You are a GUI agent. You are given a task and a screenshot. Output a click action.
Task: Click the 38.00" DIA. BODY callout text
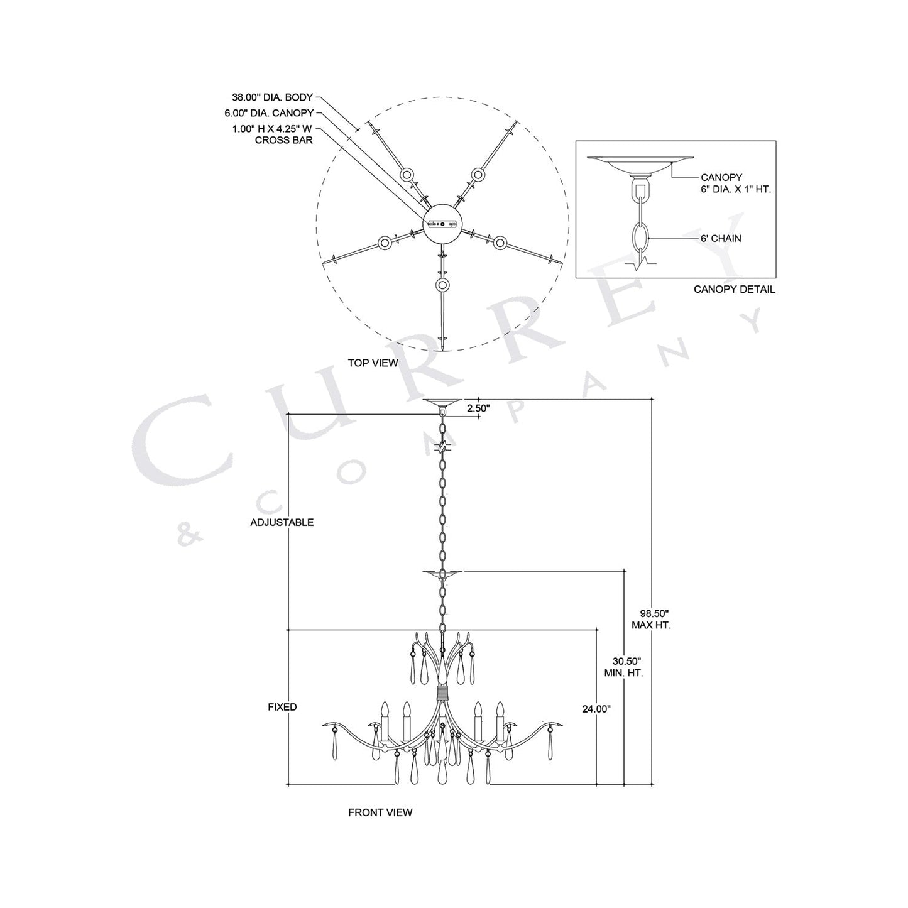coord(272,98)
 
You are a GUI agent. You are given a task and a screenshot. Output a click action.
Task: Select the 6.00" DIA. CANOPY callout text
coord(269,113)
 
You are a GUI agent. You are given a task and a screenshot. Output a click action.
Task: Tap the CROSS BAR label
coord(283,141)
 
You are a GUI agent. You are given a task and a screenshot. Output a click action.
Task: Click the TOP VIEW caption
coord(373,363)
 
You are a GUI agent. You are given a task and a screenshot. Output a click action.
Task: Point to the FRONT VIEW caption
coord(380,812)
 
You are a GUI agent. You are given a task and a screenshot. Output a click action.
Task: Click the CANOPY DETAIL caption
coord(734,290)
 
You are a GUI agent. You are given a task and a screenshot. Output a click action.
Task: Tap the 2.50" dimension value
coord(478,407)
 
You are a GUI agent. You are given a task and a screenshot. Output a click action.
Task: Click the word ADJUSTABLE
coord(282,523)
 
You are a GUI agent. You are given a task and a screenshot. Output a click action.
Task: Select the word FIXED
coord(282,707)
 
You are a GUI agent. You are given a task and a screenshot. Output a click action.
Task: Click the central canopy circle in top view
coord(443,224)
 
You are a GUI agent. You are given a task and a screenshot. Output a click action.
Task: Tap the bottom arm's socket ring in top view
coord(443,285)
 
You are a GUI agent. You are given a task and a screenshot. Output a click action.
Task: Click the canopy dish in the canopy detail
coord(640,164)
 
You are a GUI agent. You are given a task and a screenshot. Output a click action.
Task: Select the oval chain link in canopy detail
coord(640,238)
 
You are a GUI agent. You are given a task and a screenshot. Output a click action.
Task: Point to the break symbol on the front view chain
coord(443,448)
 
